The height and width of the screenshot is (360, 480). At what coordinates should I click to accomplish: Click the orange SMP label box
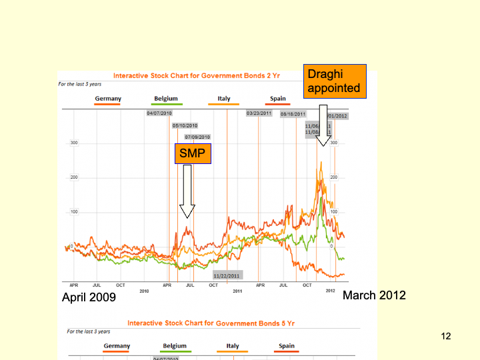click(193, 154)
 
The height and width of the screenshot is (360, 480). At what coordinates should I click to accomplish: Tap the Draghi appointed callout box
click(335, 81)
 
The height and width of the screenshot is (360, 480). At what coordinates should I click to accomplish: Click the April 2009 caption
click(89, 297)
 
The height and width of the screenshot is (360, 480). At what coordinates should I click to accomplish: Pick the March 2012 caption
click(373, 295)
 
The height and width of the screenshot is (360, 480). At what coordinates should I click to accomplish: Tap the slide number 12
click(446, 337)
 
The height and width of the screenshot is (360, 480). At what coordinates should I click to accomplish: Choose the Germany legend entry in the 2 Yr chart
click(108, 99)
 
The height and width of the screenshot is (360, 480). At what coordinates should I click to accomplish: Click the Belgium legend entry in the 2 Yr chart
click(166, 99)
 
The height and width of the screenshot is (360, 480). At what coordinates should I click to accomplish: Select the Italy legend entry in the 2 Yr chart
click(224, 99)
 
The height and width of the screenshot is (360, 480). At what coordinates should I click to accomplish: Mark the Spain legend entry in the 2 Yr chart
click(278, 99)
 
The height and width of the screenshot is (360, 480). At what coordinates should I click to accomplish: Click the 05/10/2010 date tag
click(185, 125)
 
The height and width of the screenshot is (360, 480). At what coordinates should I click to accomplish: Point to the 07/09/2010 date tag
click(197, 137)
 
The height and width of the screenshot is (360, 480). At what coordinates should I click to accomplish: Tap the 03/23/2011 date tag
click(259, 113)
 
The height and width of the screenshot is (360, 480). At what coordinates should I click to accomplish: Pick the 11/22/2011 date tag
click(227, 275)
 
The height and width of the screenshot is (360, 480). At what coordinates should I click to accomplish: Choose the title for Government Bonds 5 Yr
click(211, 323)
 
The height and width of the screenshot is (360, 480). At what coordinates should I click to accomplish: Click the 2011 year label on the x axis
click(237, 291)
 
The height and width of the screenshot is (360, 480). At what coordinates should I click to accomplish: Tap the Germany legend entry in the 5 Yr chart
click(117, 346)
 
